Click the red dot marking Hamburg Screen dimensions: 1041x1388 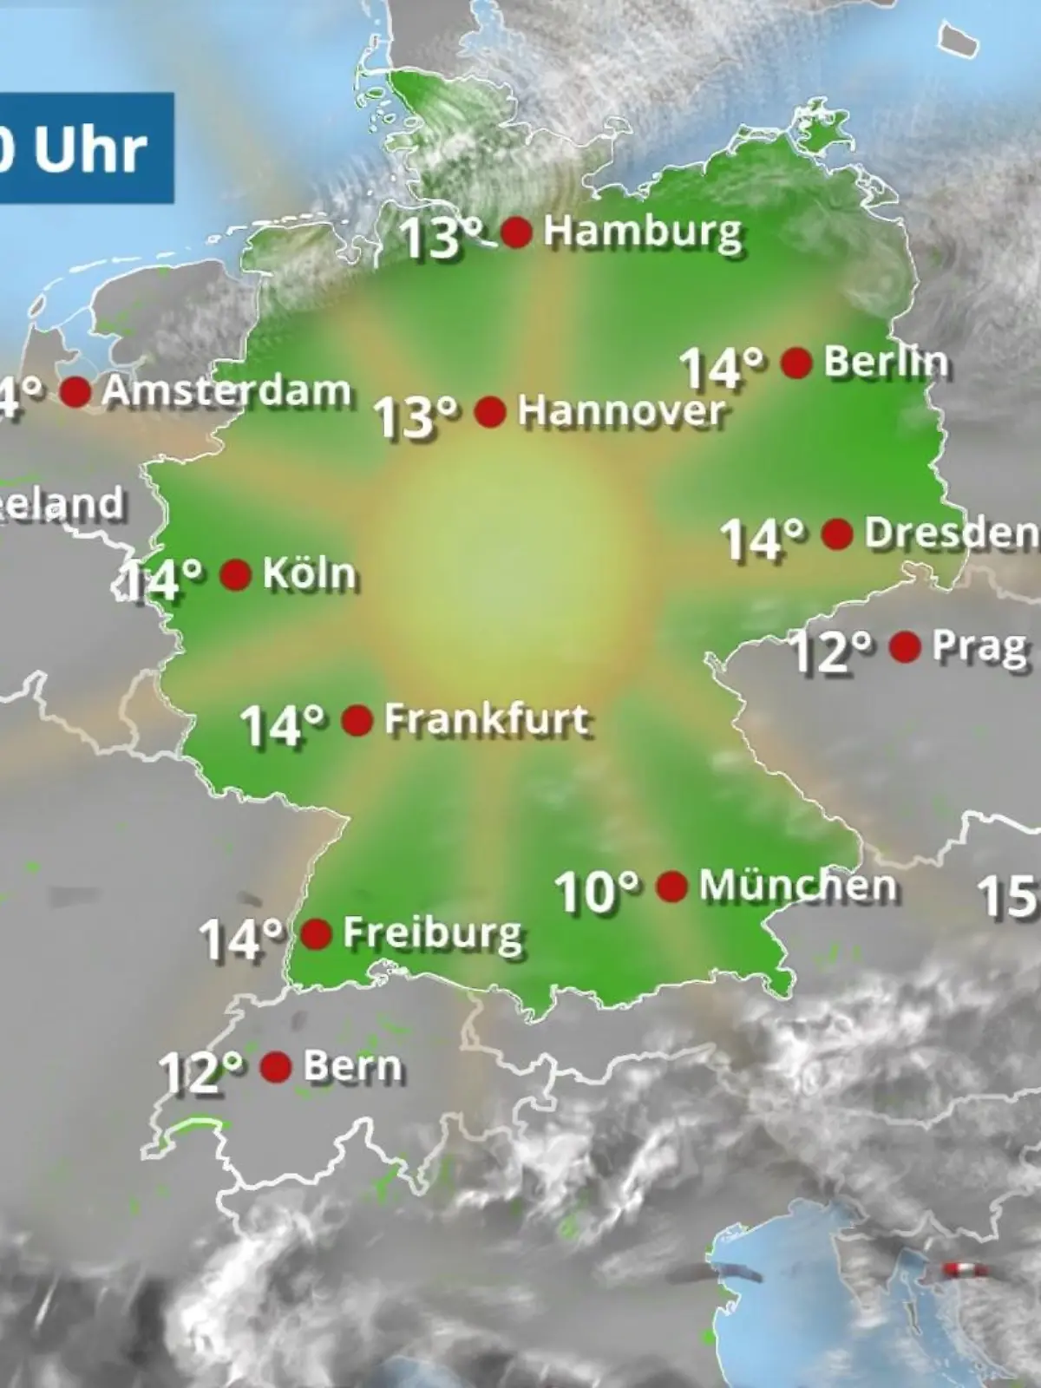tap(517, 232)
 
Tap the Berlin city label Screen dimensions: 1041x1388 tap(885, 362)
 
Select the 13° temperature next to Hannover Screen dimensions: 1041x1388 tap(416, 416)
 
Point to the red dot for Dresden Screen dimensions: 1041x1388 tap(836, 534)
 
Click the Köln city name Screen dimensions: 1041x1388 tap(309, 574)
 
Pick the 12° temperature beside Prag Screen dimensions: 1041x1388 tap(831, 651)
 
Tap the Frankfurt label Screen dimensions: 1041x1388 tap(487, 720)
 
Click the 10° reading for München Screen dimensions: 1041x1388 tap(597, 892)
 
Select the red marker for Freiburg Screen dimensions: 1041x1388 tap(316, 934)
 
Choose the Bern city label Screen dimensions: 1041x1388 tap(353, 1067)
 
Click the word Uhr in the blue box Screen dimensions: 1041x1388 tap(90, 149)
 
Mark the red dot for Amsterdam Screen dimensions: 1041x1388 tap(75, 392)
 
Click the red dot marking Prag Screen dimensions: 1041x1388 tap(905, 647)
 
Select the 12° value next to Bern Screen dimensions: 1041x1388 tap(201, 1072)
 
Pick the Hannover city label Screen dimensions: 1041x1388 tap(620, 411)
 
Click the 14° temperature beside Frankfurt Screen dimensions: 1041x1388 tap(283, 725)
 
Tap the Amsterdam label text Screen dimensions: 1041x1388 tap(226, 392)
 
